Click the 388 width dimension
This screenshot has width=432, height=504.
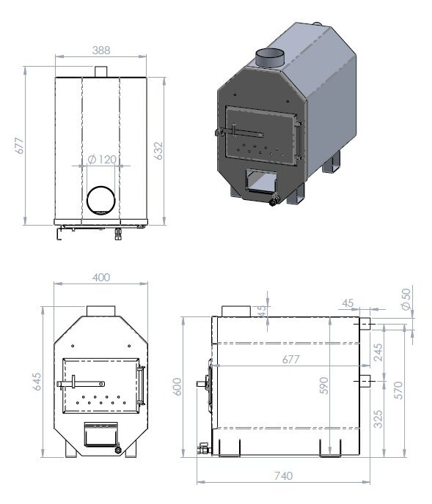pos(101,51)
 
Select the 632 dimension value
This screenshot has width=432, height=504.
pos(158,151)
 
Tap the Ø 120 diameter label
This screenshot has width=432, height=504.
pos(102,159)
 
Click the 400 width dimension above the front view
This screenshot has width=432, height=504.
pos(101,277)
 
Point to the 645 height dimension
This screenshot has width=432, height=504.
pos(37,382)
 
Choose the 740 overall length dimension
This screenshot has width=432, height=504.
pos(284,475)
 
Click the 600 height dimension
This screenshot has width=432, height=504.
pos(177,387)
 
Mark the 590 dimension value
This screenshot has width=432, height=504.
pos(324,385)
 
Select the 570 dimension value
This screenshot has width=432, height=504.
pos(398,390)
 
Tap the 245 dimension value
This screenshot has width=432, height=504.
pos(378,352)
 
